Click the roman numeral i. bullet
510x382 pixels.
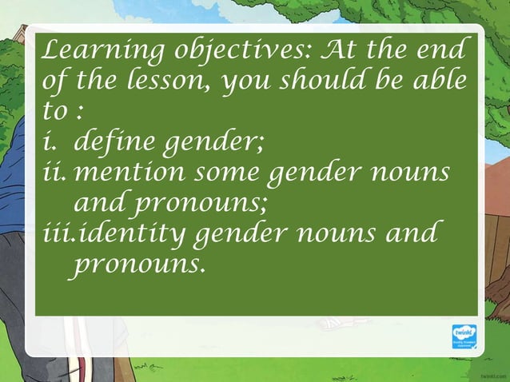(x=50, y=146)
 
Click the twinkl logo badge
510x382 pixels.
(x=464, y=336)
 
